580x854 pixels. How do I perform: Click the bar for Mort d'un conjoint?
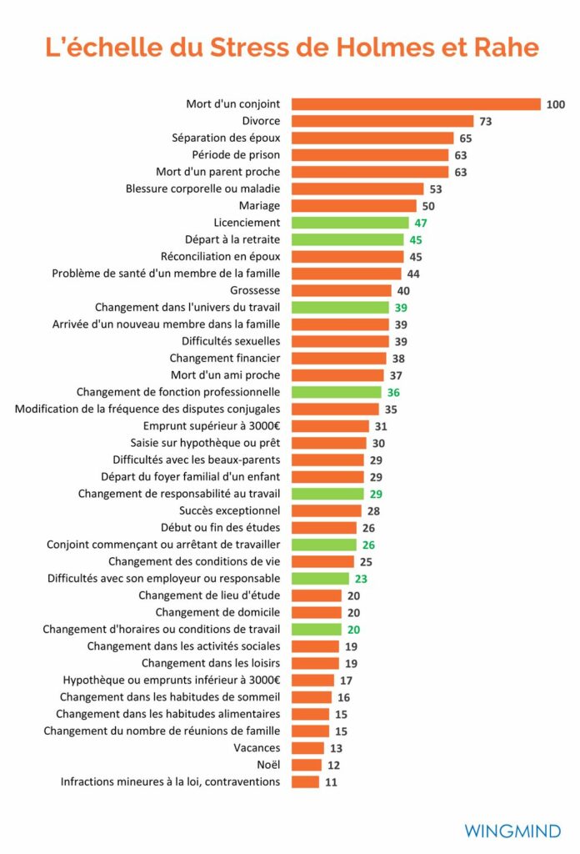[416, 104]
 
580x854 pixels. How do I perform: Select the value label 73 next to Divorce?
[486, 121]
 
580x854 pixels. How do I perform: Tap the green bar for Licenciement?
[350, 223]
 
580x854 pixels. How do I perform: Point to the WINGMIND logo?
[512, 831]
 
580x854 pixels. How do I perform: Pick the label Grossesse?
[255, 290]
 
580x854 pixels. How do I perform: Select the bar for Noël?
[306, 765]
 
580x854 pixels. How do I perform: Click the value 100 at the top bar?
[556, 104]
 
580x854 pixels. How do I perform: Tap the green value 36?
[393, 392]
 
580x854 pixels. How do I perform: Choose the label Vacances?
[257, 748]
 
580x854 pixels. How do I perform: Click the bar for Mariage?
[353, 205]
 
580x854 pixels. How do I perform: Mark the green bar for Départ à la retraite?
[347, 239]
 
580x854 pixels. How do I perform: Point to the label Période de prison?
[236, 154]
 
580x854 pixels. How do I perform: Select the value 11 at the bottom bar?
[332, 781]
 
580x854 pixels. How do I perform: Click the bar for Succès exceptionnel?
[326, 510]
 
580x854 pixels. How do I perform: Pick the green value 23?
[361, 578]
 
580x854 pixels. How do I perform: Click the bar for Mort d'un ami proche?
[337, 375]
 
